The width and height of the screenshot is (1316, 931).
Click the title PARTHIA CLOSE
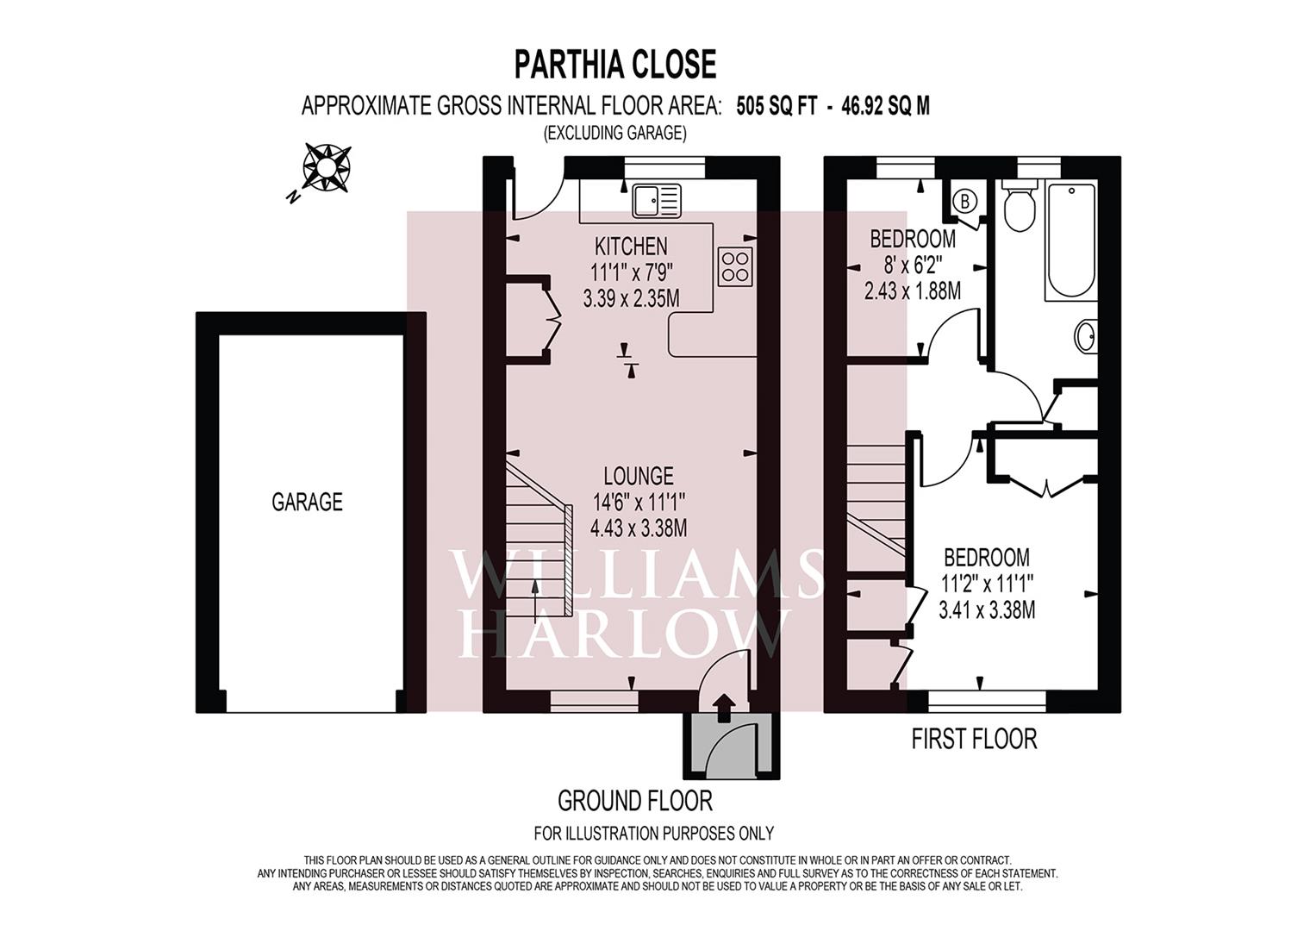[x=614, y=65]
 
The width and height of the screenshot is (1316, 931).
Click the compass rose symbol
[x=327, y=166]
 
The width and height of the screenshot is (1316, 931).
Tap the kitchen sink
[x=656, y=201]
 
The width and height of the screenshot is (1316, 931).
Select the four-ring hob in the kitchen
[x=735, y=266]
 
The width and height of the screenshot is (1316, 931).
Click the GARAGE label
[x=307, y=502]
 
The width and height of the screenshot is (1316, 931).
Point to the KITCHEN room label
[x=631, y=246]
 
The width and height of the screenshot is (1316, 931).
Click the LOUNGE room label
[x=638, y=476]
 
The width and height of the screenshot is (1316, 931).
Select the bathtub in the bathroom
[x=1070, y=241]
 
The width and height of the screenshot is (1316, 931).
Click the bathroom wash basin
[x=1087, y=336]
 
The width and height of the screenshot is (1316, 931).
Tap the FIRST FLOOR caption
[x=974, y=739]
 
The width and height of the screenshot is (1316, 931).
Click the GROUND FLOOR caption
[x=635, y=801]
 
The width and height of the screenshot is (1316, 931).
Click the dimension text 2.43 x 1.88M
[x=912, y=291]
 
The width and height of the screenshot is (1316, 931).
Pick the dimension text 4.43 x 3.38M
[x=638, y=528]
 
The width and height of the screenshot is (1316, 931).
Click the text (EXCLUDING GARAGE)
[x=614, y=133]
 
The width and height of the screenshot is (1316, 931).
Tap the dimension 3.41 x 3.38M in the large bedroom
[x=986, y=610]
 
